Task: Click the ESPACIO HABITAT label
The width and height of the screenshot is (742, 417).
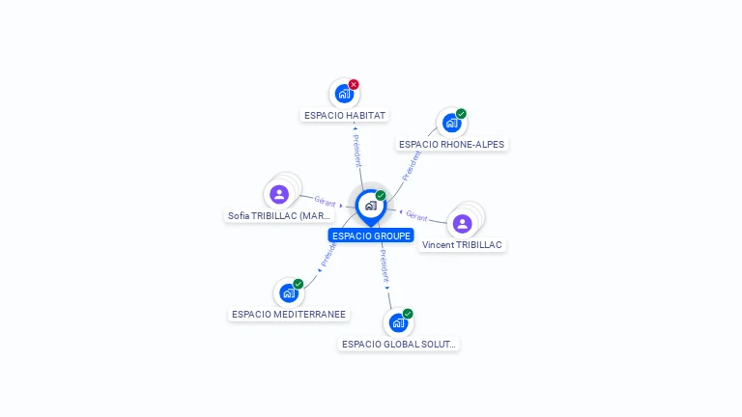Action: click(x=345, y=115)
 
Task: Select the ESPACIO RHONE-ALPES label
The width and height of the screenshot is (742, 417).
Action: click(x=451, y=144)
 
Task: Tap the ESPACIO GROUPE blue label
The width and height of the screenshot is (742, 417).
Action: click(x=371, y=236)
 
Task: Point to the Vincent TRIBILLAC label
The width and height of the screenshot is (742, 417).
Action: click(x=462, y=244)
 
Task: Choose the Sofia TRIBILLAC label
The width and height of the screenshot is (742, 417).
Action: click(x=279, y=215)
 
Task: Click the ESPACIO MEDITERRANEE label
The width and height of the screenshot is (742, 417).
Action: click(x=289, y=314)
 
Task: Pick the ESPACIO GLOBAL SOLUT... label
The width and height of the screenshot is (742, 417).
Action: click(x=398, y=344)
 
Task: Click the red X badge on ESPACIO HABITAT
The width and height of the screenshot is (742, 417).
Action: click(x=354, y=84)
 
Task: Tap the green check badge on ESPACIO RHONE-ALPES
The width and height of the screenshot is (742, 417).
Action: click(x=462, y=114)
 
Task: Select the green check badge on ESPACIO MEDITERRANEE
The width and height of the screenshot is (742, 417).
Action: click(x=299, y=284)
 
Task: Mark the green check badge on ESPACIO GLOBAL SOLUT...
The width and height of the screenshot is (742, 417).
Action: click(x=408, y=314)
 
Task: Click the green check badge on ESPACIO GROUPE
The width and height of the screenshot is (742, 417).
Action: click(x=381, y=195)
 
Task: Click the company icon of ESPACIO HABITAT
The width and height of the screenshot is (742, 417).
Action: click(x=343, y=94)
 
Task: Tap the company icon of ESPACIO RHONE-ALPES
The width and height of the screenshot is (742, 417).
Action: click(x=451, y=124)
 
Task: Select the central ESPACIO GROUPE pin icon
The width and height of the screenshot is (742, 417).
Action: click(x=370, y=206)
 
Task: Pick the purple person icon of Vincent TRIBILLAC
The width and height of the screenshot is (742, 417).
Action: click(x=462, y=223)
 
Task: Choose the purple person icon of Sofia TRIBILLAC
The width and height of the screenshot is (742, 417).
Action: click(x=279, y=194)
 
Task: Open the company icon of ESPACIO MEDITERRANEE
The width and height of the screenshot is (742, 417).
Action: click(x=288, y=293)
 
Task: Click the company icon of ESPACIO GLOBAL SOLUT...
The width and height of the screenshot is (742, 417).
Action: click(x=397, y=322)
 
